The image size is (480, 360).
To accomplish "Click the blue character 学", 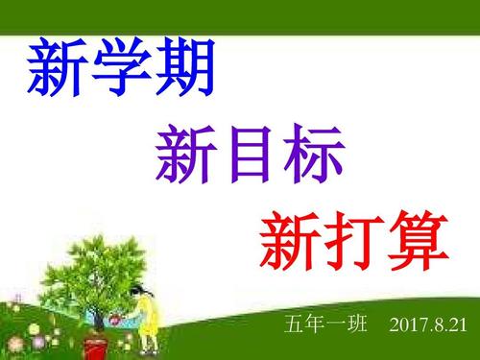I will coord(120,69).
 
